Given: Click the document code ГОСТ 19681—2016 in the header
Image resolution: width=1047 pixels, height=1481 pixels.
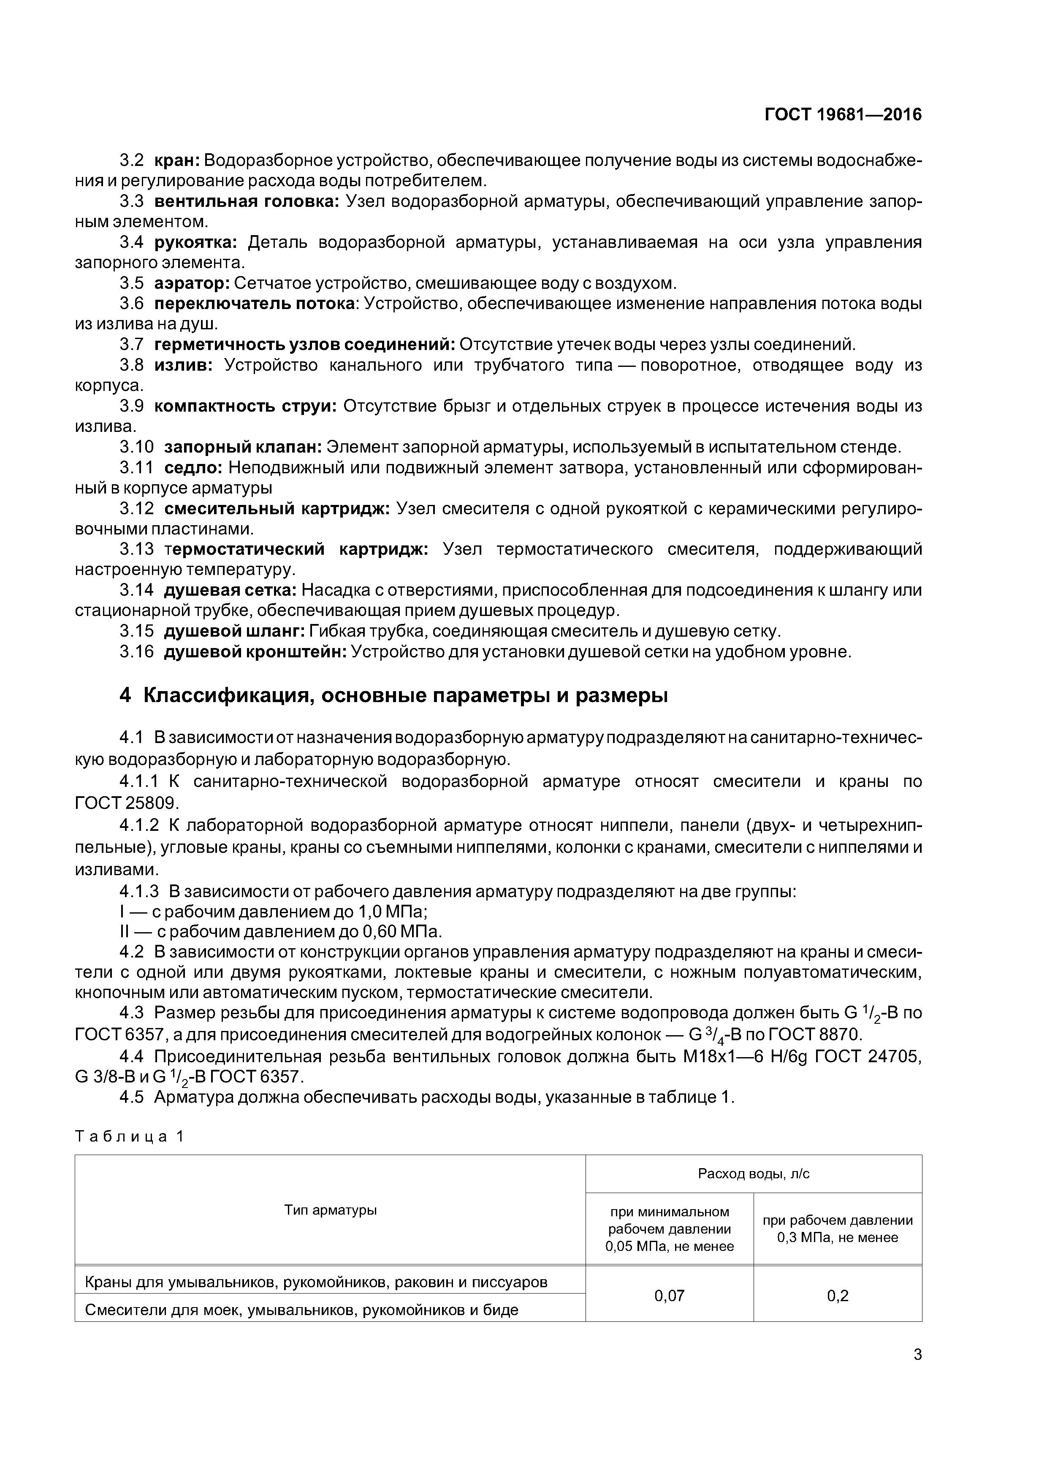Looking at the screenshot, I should (843, 115).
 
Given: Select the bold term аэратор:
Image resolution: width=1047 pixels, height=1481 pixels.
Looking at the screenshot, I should (192, 283).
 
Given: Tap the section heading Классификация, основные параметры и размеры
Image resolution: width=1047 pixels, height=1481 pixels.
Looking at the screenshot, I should (405, 695).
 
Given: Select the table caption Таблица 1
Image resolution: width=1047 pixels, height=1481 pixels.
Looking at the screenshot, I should (130, 1137).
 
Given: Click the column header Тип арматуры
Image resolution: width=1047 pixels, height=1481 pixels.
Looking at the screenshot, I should (330, 1210).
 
